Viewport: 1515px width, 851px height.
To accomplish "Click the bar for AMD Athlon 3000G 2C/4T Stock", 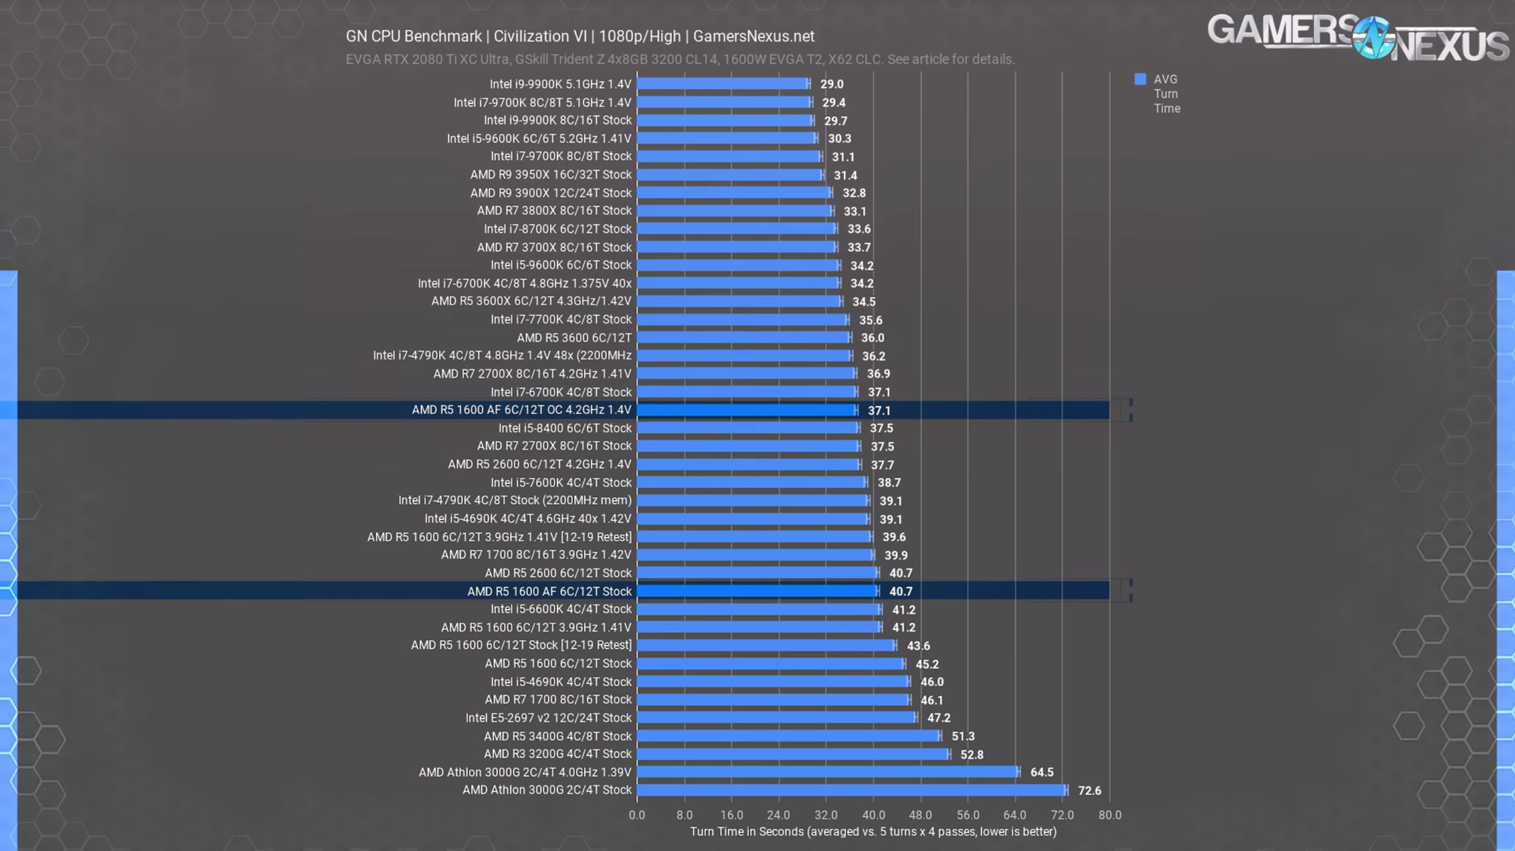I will pyautogui.click(x=851, y=790).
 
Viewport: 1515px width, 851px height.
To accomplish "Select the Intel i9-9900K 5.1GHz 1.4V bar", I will pyautogui.click(x=722, y=84).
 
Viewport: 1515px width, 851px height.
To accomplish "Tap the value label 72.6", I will pyautogui.click(x=1089, y=791).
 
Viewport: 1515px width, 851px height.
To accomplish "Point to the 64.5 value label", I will pyautogui.click(x=1042, y=772).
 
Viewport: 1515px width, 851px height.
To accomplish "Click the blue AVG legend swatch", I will pyautogui.click(x=1140, y=79).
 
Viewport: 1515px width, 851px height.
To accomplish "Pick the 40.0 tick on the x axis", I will pyautogui.click(x=874, y=815).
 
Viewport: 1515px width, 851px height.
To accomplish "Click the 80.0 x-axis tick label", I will pyautogui.click(x=1110, y=815).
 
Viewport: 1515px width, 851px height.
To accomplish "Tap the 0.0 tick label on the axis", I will pyautogui.click(x=637, y=815).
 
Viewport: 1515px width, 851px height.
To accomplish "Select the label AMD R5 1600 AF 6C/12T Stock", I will pyautogui.click(x=549, y=591).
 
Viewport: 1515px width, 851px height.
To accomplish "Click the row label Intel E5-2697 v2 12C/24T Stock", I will pyautogui.click(x=548, y=718).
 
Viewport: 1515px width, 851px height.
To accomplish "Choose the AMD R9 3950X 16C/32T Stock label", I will pyautogui.click(x=550, y=174).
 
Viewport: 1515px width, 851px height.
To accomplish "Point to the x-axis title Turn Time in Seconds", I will pyautogui.click(x=874, y=832).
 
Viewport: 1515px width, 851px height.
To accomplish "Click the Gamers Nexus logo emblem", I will pyautogui.click(x=1372, y=37).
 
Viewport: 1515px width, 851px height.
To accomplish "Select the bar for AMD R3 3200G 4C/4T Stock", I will pyautogui.click(x=793, y=754).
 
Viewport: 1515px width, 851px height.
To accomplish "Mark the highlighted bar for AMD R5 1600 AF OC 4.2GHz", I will pyautogui.click(x=746, y=410).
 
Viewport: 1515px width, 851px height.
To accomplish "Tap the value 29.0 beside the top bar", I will pyautogui.click(x=831, y=84).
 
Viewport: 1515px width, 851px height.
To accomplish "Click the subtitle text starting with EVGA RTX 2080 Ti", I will pyautogui.click(x=680, y=59).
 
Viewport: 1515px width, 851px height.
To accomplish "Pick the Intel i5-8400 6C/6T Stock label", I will pyautogui.click(x=564, y=428).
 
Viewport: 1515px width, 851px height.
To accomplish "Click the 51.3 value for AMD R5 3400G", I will pyautogui.click(x=962, y=736).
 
